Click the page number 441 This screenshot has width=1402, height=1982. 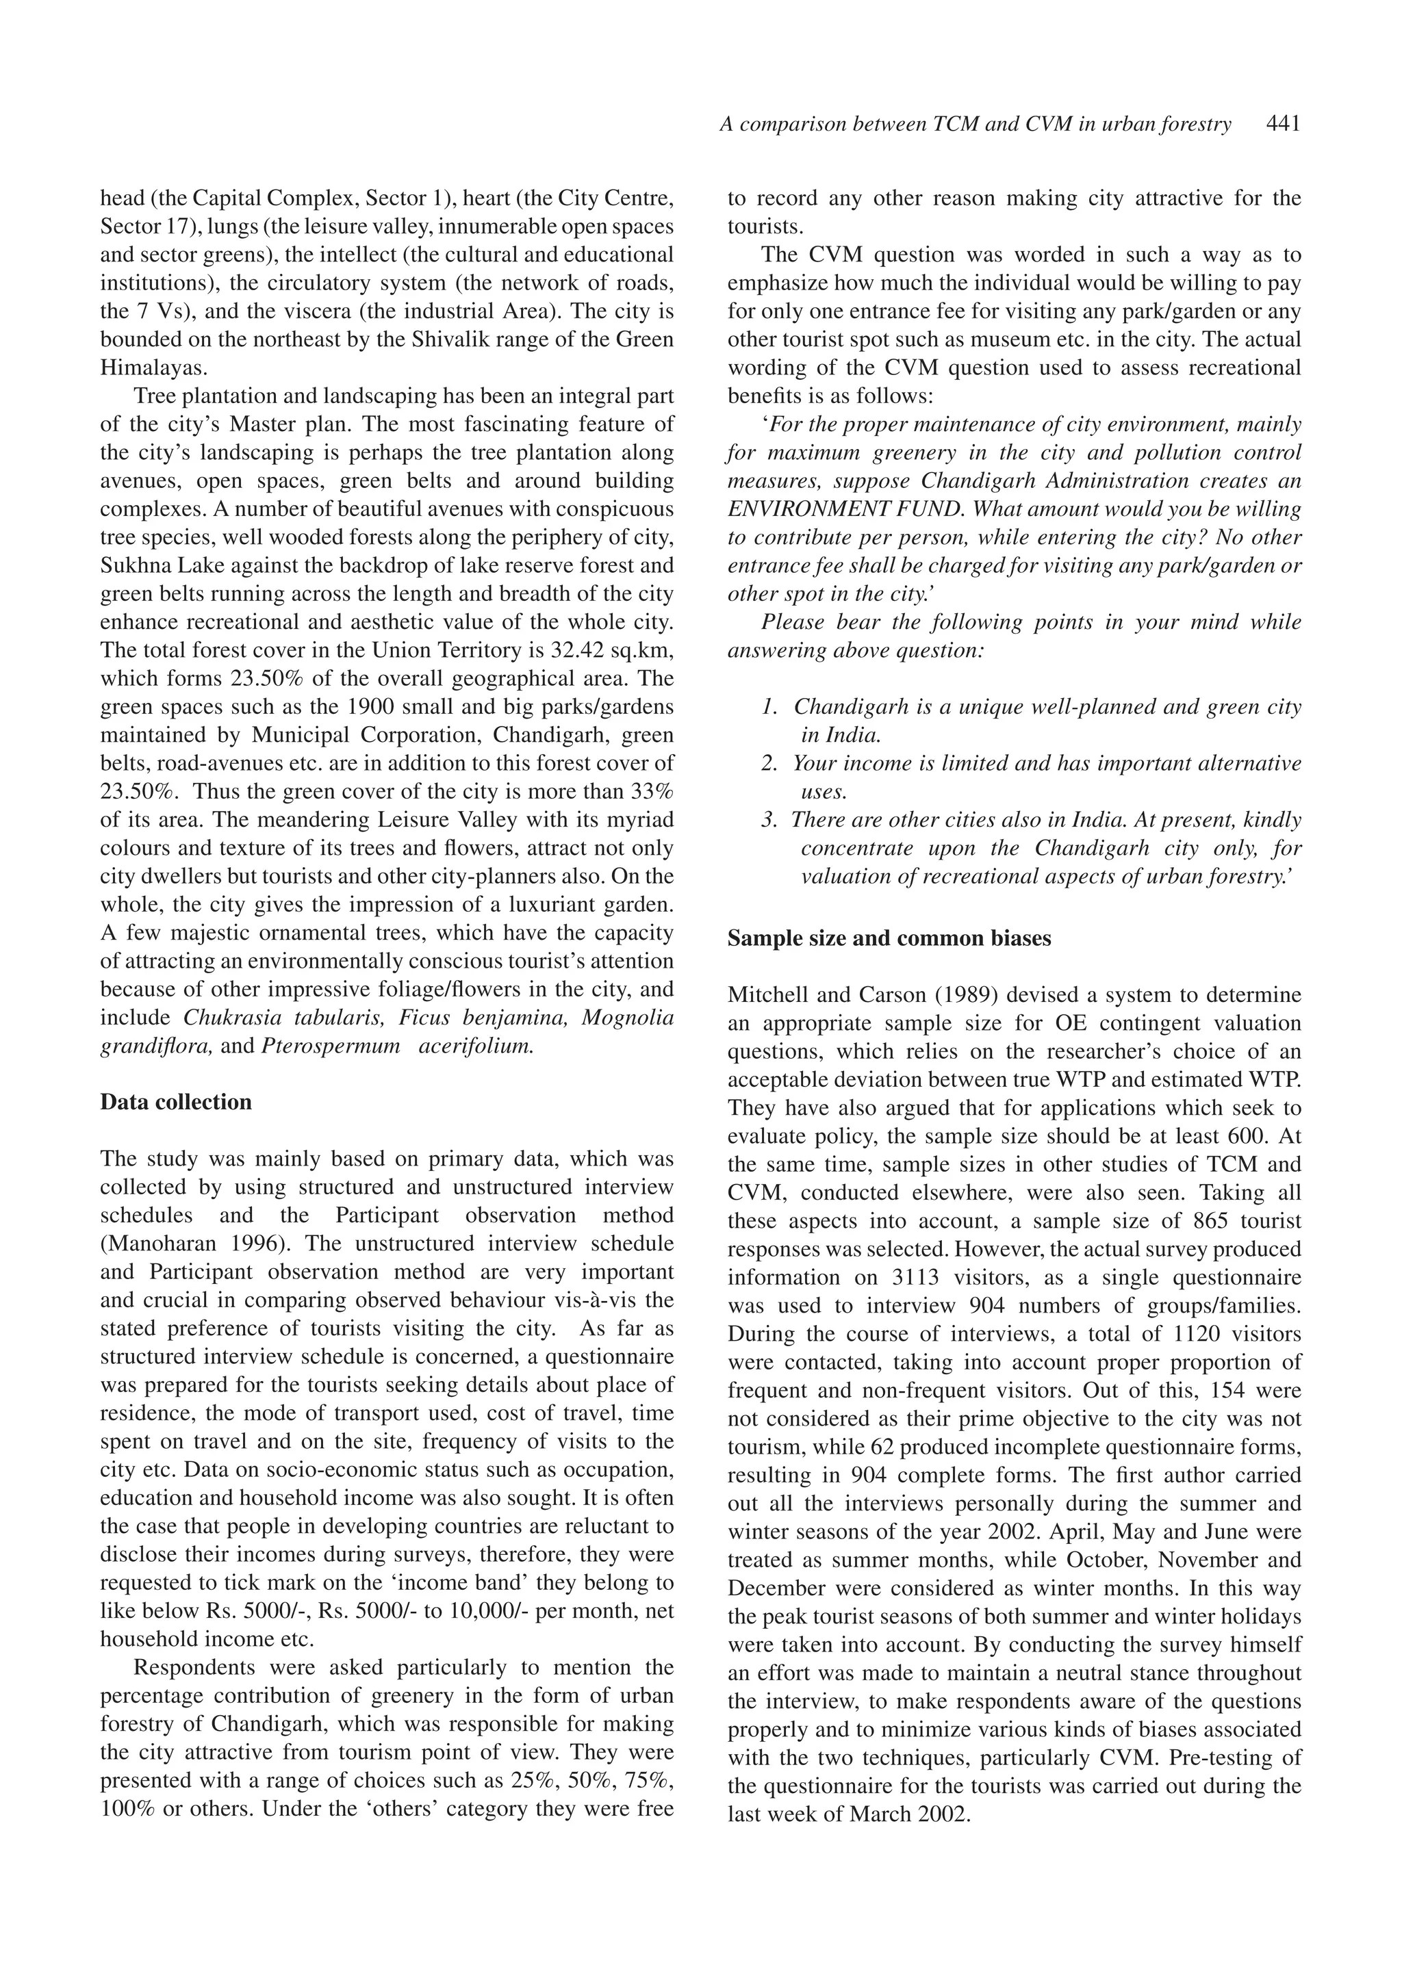point(1282,125)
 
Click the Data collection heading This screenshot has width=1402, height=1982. point(176,1103)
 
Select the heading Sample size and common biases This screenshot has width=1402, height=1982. point(889,938)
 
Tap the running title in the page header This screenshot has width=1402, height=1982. point(975,125)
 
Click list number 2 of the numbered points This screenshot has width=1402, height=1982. point(770,764)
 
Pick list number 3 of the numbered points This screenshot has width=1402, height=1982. point(770,820)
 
